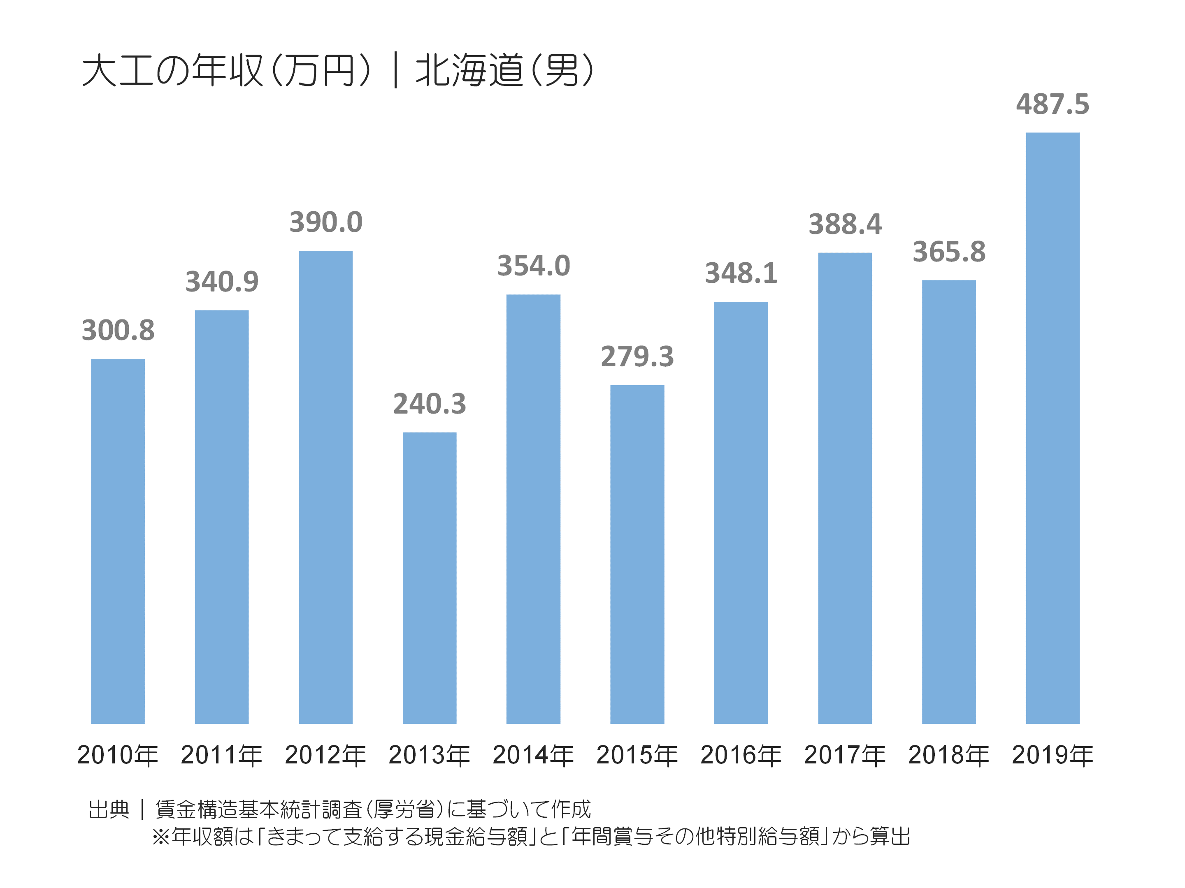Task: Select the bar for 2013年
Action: click(x=429, y=578)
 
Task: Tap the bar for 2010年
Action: click(x=118, y=541)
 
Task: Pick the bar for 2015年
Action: click(x=637, y=554)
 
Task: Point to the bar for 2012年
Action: click(x=326, y=487)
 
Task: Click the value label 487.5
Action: click(x=1052, y=104)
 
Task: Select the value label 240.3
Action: click(x=429, y=404)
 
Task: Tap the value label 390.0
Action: click(x=326, y=222)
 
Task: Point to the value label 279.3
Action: click(x=637, y=356)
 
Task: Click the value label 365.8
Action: click(x=949, y=252)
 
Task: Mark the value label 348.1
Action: click(x=741, y=273)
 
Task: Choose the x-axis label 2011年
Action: click(x=221, y=755)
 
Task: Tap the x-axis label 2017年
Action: click(x=845, y=755)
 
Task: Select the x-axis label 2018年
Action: click(x=949, y=755)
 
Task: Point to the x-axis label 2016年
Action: click(x=741, y=755)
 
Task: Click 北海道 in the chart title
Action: click(x=469, y=71)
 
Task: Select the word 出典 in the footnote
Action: click(x=109, y=809)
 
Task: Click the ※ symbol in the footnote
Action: click(x=161, y=836)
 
